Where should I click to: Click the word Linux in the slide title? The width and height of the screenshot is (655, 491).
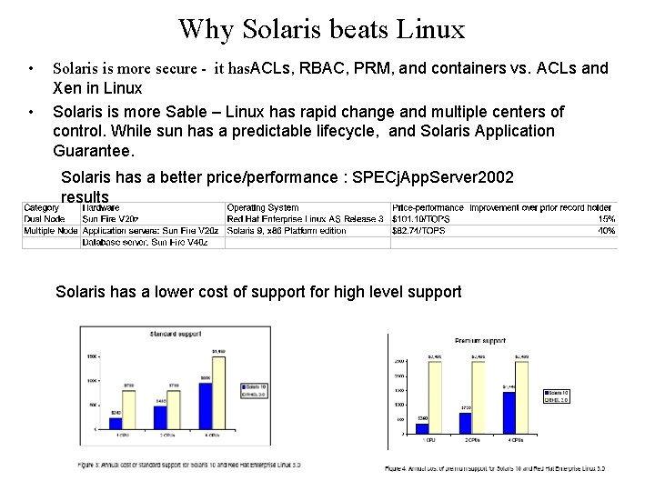[431, 30]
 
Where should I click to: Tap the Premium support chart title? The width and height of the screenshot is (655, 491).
[480, 340]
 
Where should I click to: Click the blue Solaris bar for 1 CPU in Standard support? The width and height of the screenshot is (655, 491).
[116, 423]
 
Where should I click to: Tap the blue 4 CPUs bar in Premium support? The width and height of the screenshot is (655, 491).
[509, 413]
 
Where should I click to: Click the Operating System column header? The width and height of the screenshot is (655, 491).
[263, 208]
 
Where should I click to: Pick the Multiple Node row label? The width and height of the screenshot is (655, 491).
[51, 231]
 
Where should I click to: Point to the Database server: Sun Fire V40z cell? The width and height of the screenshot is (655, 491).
[151, 243]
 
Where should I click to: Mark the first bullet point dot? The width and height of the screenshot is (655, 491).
[32, 68]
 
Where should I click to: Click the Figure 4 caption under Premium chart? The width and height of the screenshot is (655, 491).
[495, 468]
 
